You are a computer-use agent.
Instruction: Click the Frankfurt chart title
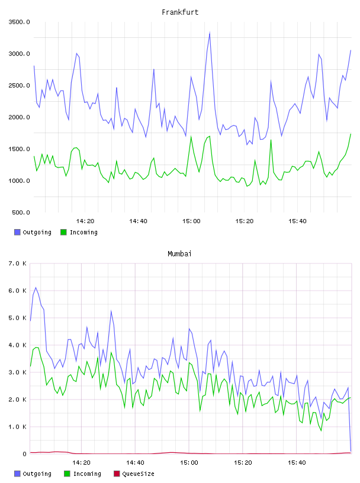coord(180,12)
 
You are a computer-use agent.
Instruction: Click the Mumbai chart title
coord(179,254)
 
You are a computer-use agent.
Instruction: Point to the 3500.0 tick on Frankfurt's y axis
coord(19,22)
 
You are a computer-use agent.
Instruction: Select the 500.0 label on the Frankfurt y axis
coord(21,212)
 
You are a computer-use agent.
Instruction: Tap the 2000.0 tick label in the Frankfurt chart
coord(19,117)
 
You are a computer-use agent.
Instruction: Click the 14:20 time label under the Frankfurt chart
coord(85,221)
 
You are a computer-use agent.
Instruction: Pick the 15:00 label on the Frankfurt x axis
coord(191,221)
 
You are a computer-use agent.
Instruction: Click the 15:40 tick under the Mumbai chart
coord(297,463)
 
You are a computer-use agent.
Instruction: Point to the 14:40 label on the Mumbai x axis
coord(135,463)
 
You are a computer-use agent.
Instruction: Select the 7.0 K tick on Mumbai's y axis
coord(17,263)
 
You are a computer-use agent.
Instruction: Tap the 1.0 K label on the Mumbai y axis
coord(17,427)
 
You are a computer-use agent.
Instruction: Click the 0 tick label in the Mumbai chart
coord(25,454)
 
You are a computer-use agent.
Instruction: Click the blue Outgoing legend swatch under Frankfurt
coord(17,232)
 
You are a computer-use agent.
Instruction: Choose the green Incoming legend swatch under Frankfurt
coord(63,232)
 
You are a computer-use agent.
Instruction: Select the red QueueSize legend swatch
coord(117,474)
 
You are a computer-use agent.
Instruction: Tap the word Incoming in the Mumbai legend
coord(87,474)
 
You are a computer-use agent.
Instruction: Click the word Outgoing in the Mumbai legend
coord(37,474)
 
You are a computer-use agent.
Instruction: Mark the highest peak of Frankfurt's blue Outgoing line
coord(210,33)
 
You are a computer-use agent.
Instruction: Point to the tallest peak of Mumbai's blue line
coord(36,288)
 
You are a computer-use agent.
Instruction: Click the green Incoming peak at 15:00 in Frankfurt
coord(191,137)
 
